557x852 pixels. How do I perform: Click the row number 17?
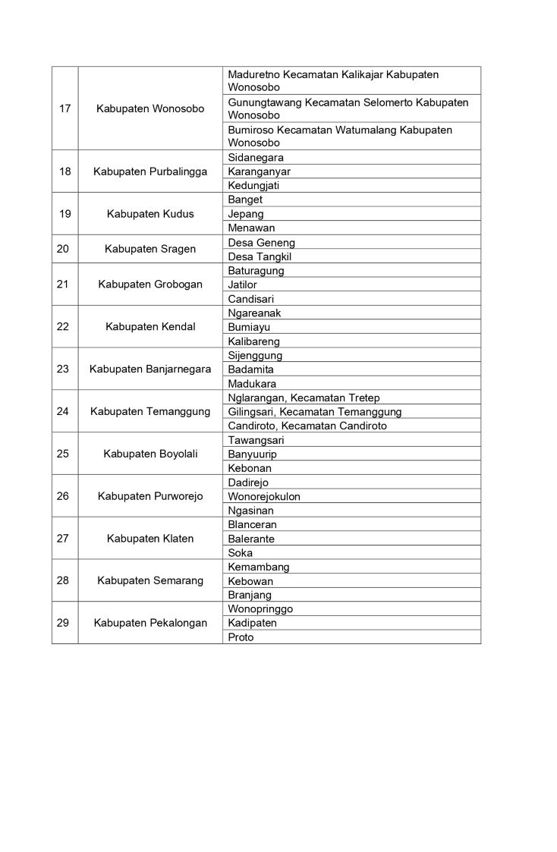(65, 108)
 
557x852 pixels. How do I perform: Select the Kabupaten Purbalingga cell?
(150, 171)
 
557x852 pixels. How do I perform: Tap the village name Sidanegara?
(256, 158)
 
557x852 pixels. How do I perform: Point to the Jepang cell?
(246, 214)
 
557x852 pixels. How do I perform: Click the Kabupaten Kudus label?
(150, 214)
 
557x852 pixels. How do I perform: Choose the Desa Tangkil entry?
(260, 256)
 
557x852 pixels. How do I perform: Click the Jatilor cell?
(242, 285)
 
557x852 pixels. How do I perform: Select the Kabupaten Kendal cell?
(150, 327)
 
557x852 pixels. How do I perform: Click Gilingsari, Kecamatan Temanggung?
(314, 412)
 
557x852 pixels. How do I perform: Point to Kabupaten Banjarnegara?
(150, 369)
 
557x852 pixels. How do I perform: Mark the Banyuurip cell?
(252, 454)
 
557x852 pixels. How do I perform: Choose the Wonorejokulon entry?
(264, 497)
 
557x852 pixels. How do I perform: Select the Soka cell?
(240, 553)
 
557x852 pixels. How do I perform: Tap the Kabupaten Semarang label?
(150, 581)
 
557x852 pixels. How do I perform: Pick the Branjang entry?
(250, 596)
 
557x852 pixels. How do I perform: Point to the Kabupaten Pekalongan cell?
(150, 624)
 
